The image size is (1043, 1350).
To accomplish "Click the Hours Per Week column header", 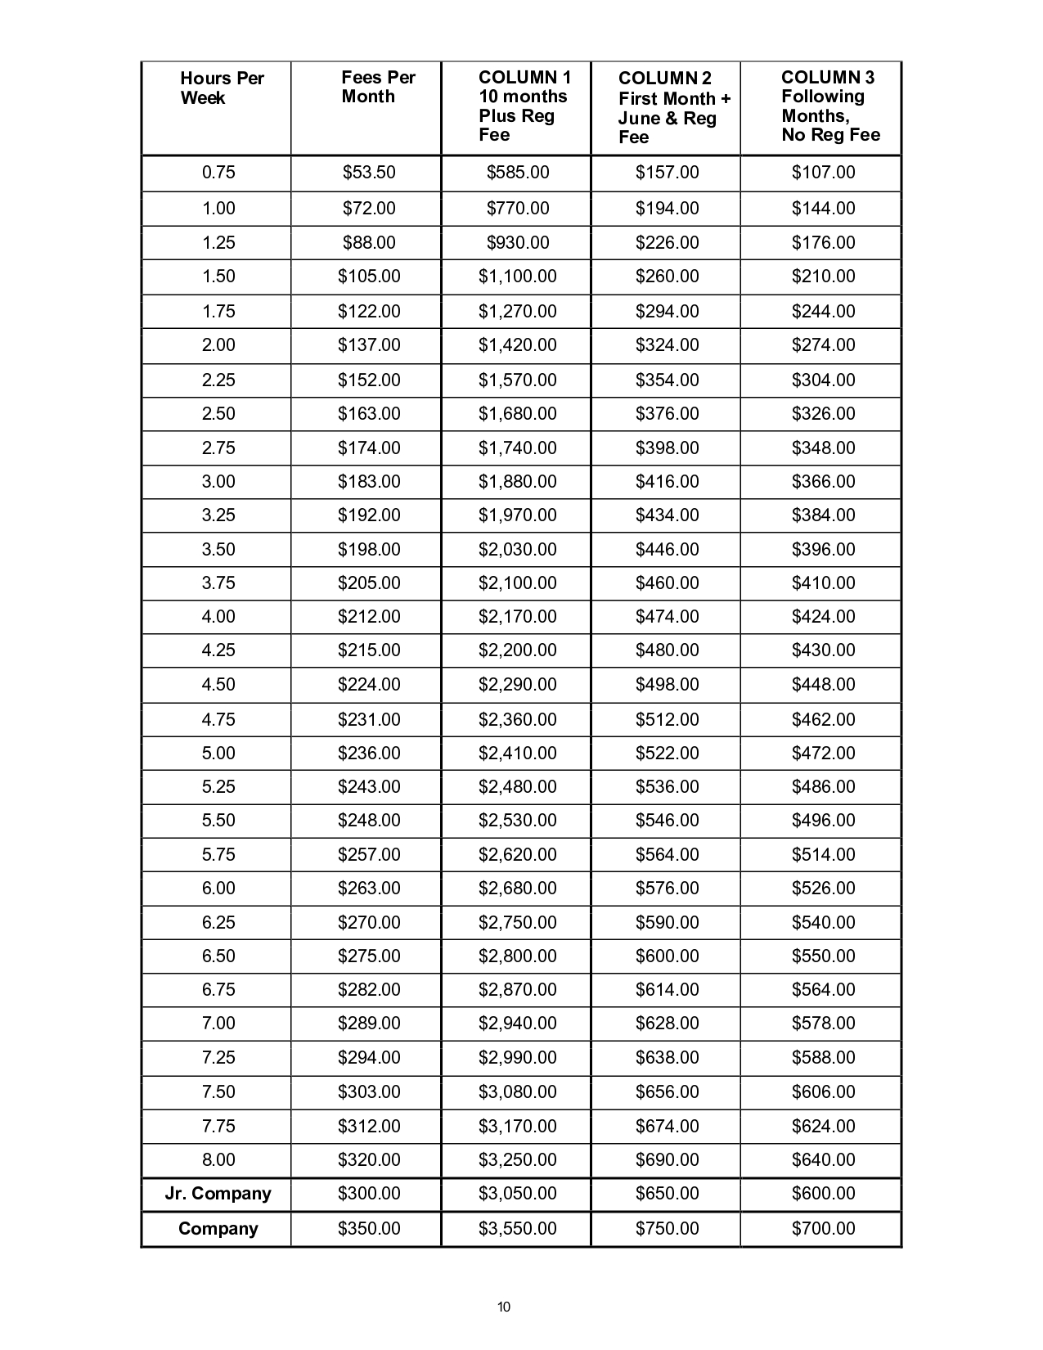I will coord(222,88).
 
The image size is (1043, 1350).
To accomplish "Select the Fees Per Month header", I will coord(378,87).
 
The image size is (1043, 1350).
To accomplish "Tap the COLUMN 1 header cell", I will coord(524,106).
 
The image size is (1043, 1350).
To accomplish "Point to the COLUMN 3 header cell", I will coord(829,106).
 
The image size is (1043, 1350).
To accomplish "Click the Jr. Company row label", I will coord(218,1194).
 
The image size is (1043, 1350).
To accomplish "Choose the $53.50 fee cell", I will coord(369,173).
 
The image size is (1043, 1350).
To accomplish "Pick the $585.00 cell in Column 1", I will coord(518,173).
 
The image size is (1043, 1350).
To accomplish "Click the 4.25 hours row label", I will coord(218,650).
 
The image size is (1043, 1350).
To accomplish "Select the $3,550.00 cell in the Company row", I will coord(518,1229).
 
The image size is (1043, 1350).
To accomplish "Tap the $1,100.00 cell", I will coord(518,277).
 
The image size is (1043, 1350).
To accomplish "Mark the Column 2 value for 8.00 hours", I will coord(668,1160).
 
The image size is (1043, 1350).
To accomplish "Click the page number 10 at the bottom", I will coord(504,1307).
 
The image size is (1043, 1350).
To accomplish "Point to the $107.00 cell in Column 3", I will coord(824,173).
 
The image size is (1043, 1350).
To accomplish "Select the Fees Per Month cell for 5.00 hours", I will coord(369,754).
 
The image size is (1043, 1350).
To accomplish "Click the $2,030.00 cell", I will coord(518,550).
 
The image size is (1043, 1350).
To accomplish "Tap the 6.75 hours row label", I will coord(218,990).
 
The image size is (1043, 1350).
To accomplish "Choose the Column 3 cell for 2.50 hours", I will coord(824,414).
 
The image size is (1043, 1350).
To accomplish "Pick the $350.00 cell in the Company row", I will coord(369,1229).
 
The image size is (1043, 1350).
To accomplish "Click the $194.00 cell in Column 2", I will coord(668,209).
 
